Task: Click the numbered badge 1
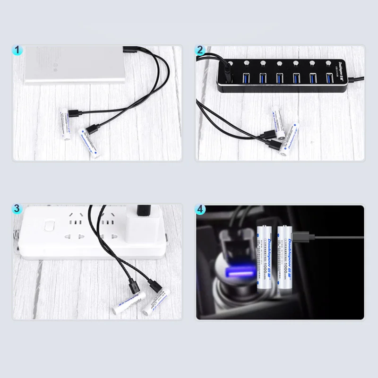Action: (17, 50)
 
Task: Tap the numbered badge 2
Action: (200, 50)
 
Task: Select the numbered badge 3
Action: (17, 208)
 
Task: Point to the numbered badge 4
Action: (200, 208)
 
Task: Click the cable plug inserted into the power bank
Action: (129, 49)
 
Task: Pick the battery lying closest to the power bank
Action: (65, 124)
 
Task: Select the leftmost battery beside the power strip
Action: (128, 303)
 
